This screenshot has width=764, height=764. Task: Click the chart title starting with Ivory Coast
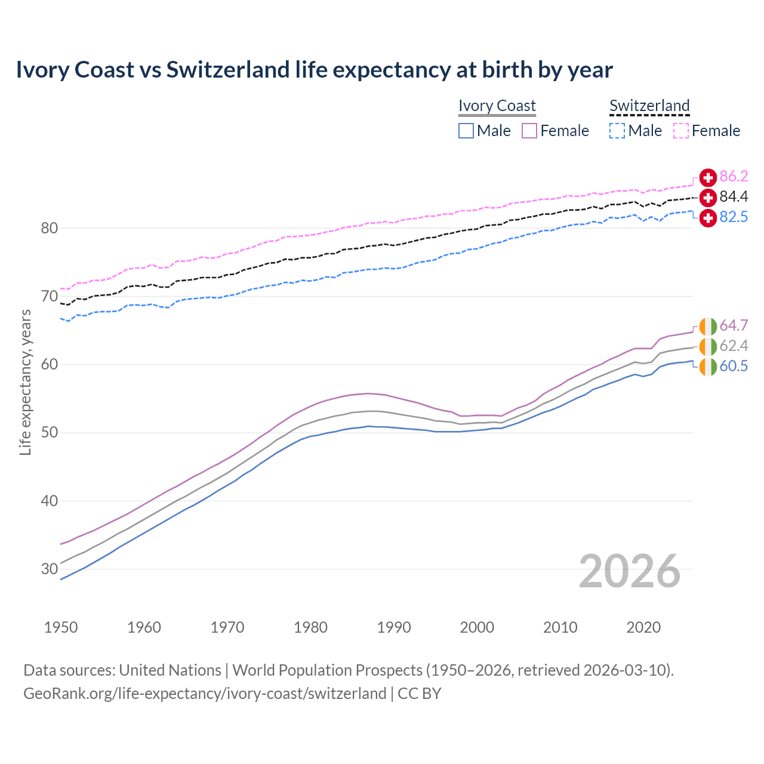[x=314, y=70]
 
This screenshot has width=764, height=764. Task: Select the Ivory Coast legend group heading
[x=497, y=106]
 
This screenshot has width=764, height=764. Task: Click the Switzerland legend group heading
[x=649, y=106]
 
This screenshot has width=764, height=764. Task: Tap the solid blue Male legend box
[x=466, y=131]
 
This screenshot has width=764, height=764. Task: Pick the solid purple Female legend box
[x=529, y=131]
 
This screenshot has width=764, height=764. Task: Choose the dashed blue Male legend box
[x=617, y=131]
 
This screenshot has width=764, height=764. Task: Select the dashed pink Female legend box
[x=681, y=131]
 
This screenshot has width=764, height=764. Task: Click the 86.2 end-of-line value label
[x=734, y=176]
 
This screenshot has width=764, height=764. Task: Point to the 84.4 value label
[x=734, y=196]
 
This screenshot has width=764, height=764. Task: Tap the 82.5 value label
[x=734, y=217]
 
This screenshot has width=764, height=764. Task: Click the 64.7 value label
[x=734, y=325]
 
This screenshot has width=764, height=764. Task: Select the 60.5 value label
[x=734, y=366]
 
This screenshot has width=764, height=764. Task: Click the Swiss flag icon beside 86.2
[x=708, y=177]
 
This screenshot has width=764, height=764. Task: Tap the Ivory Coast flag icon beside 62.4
[x=708, y=346]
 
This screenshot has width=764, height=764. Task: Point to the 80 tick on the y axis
[x=50, y=228]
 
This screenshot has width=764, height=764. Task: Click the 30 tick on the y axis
[x=50, y=569]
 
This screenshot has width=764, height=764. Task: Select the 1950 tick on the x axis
[x=61, y=627]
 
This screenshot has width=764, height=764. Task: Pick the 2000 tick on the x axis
[x=477, y=627]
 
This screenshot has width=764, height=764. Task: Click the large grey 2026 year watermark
[x=629, y=571]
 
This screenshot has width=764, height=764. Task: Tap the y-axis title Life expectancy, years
[x=25, y=382]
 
